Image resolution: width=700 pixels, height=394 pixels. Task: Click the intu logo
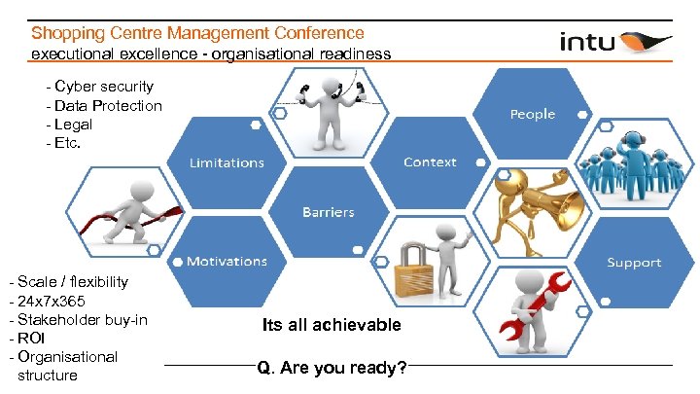tap(614, 41)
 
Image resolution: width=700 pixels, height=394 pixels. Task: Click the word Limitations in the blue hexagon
tap(227, 162)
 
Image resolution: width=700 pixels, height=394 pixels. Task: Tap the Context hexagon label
tap(430, 161)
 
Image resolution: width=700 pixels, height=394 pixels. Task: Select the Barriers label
tap(329, 211)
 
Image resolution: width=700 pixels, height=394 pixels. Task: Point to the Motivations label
tap(227, 261)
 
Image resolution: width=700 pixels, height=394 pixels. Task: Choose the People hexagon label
tap(532, 114)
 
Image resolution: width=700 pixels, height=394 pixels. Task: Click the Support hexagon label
tap(634, 262)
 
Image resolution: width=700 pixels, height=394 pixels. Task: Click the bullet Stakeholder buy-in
tap(82, 319)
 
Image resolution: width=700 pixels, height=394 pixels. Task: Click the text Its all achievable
tap(331, 324)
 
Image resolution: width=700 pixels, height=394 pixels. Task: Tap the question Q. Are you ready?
tap(332, 369)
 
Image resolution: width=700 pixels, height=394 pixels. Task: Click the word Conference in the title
tap(309, 33)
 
